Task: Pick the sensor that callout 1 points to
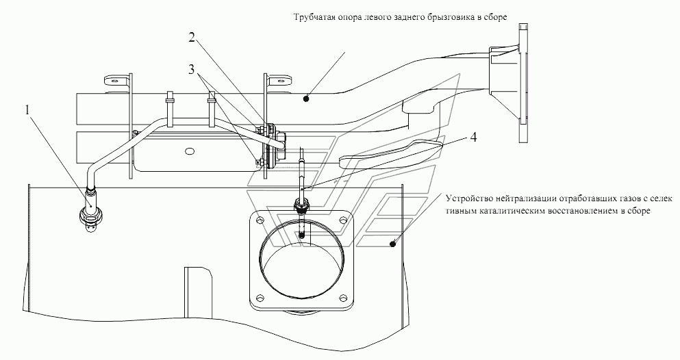click(x=90, y=216)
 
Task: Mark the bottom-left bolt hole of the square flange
click(x=260, y=297)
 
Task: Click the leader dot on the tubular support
click(x=306, y=98)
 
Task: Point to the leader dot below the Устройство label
click(x=392, y=242)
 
